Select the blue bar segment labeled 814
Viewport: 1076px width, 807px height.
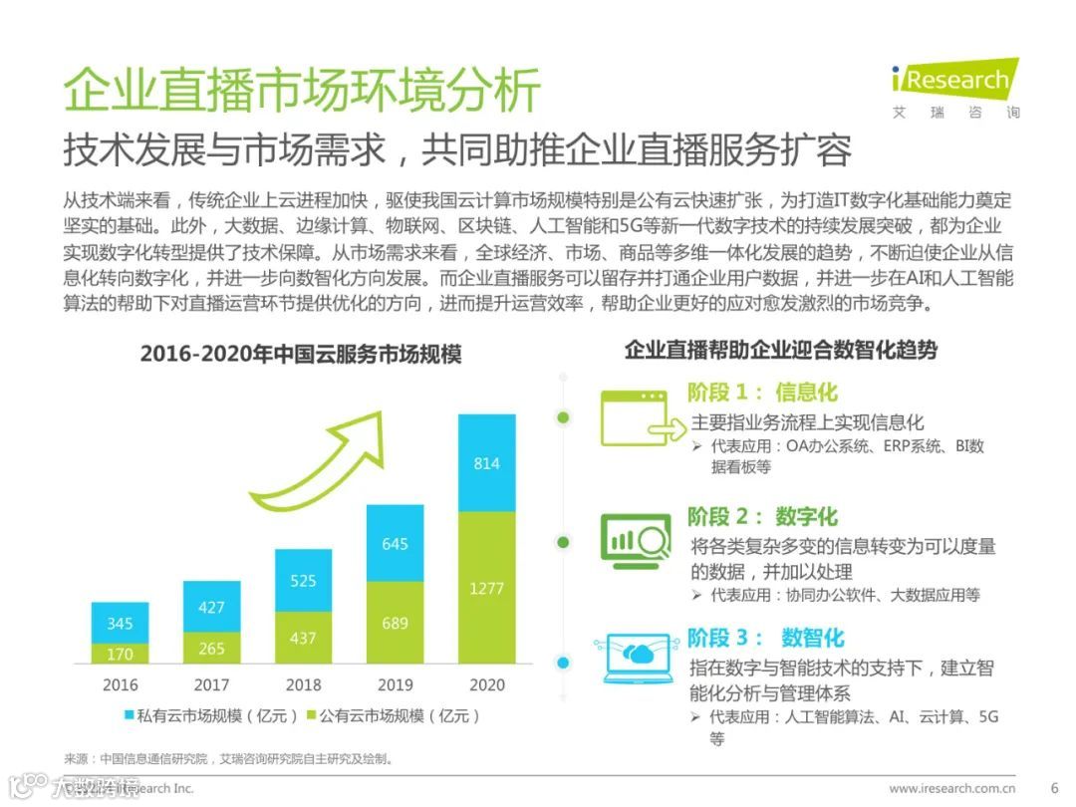pos(486,463)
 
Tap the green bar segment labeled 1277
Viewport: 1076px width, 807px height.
pos(486,588)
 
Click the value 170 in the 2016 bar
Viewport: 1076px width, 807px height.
pos(120,655)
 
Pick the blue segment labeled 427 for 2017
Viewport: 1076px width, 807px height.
pos(211,607)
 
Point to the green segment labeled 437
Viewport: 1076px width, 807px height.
pos(303,638)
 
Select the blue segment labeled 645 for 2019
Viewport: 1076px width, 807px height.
pos(395,544)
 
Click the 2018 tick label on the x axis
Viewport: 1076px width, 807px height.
pos(303,684)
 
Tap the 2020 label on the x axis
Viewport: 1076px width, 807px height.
pos(486,684)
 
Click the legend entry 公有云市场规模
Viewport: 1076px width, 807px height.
pos(394,715)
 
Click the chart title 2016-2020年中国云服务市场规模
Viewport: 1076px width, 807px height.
pos(300,354)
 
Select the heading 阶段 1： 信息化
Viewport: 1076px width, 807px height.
pos(762,392)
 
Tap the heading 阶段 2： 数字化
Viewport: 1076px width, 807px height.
pos(762,516)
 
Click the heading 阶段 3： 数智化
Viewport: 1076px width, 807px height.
pos(765,638)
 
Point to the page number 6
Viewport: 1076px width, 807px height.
pos(1054,787)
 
